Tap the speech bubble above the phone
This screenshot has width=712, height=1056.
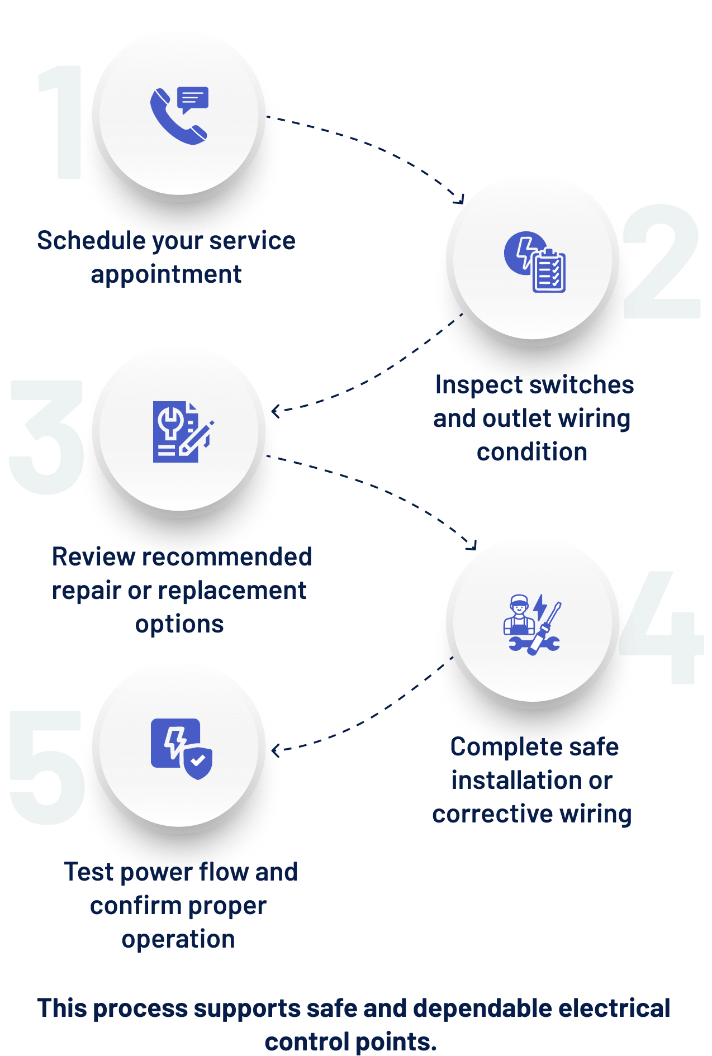pyautogui.click(x=193, y=99)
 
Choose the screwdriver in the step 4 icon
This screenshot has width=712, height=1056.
pyautogui.click(x=546, y=629)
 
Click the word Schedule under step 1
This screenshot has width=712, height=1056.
pyautogui.click(x=89, y=241)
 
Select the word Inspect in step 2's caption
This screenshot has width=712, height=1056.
pyautogui.click(x=478, y=385)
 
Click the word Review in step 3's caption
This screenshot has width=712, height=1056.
pyautogui.click(x=93, y=557)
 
